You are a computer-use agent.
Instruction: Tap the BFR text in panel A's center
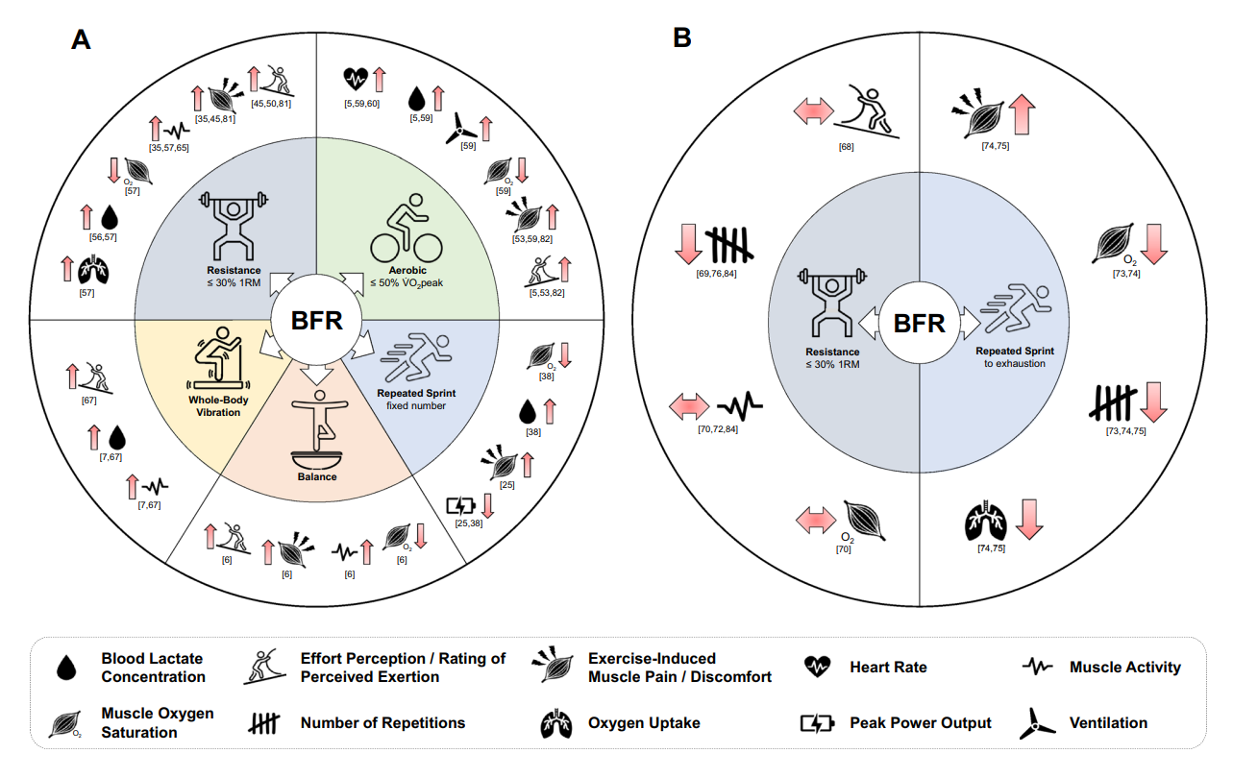point(316,320)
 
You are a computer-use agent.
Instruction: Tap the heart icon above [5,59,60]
point(356,76)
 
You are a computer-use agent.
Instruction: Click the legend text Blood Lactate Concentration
point(154,668)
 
